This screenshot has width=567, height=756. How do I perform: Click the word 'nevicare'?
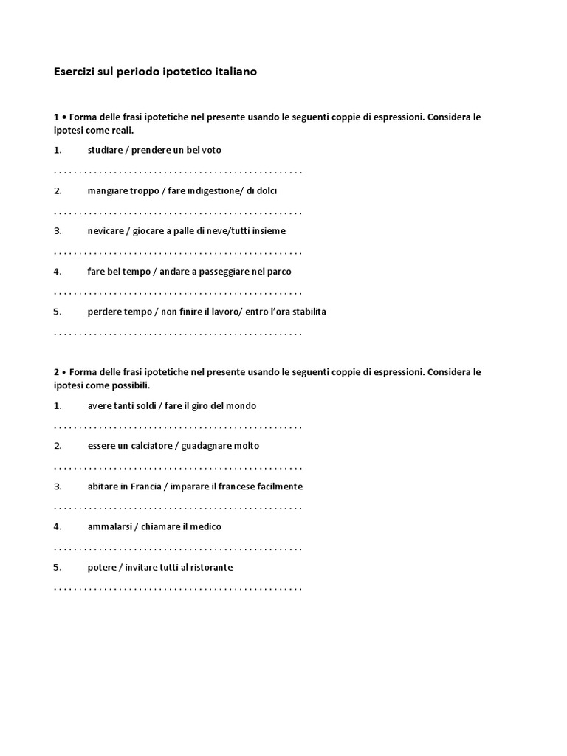(105, 231)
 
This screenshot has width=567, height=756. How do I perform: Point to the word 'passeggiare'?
(224, 272)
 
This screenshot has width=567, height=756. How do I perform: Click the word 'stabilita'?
(306, 312)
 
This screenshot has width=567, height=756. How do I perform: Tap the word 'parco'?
(279, 272)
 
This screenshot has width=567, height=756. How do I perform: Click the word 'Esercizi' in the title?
(75, 72)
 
